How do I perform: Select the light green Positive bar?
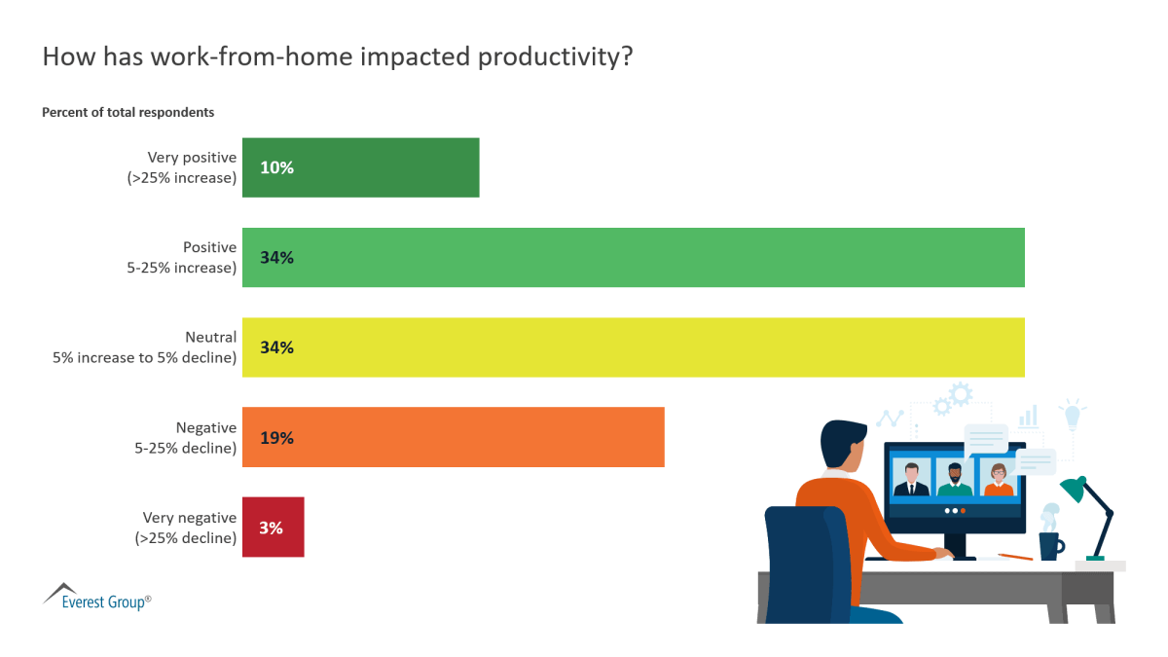point(633,258)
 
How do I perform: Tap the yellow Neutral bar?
point(633,347)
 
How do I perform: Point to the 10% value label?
point(276,167)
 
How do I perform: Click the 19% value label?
point(276,437)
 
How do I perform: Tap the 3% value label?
point(271,527)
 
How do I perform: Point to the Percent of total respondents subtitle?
point(128,112)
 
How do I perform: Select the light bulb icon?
point(1073,415)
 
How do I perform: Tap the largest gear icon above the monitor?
point(961,393)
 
